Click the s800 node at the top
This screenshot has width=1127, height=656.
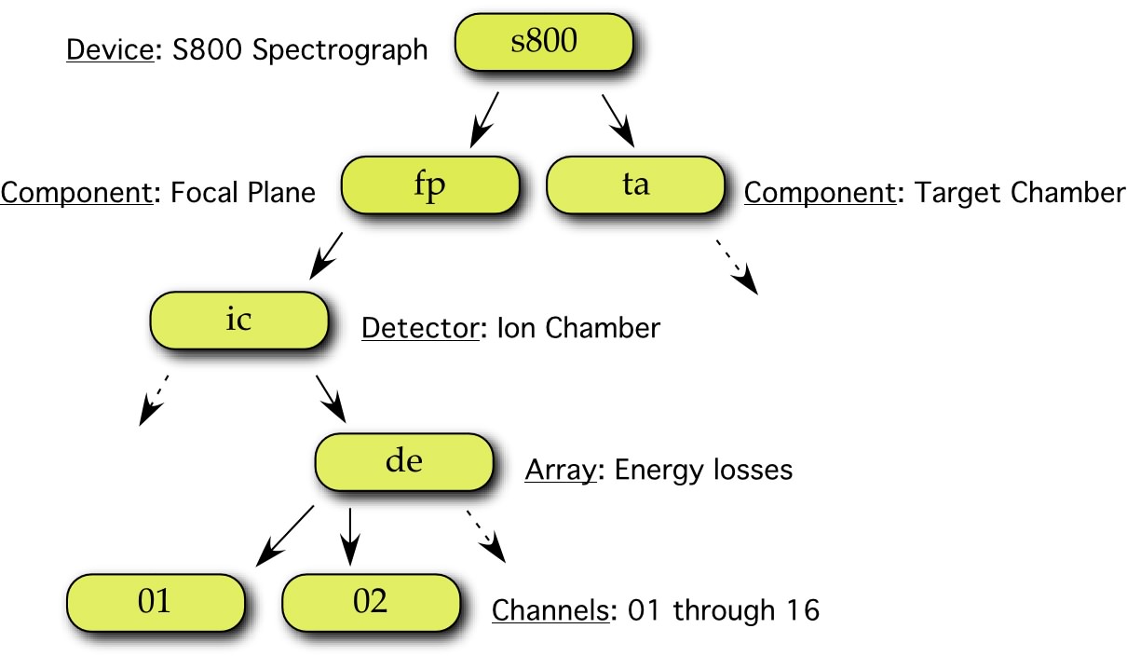coord(543,42)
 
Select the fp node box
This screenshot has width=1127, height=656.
coord(430,185)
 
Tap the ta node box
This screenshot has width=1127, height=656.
coord(635,185)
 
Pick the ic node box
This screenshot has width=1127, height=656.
coord(239,321)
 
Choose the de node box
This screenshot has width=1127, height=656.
coord(404,462)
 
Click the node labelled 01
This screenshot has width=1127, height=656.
coord(156,603)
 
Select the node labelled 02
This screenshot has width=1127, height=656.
coord(371,603)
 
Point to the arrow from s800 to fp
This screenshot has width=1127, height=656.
coord(484,120)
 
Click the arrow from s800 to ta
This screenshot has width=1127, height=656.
coord(618,121)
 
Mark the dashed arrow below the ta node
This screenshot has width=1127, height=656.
coord(737,266)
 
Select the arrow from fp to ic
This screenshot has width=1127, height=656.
coord(326,255)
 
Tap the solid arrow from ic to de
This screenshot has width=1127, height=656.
coord(331,399)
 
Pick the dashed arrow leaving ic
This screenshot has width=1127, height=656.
coord(154,401)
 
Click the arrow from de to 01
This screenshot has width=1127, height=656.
coord(285,536)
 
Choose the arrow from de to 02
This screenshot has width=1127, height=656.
coord(350,537)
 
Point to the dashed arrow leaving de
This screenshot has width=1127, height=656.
coord(486,537)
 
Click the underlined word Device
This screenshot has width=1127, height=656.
coord(110,49)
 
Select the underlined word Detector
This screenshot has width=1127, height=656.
coord(420,328)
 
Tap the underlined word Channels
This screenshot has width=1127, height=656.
coord(550,610)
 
